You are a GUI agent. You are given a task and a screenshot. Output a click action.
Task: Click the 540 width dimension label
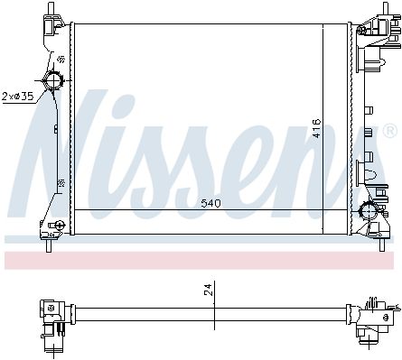210,204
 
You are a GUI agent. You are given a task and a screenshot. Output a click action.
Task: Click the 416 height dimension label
316,128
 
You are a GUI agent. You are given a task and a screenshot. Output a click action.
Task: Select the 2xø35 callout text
17,97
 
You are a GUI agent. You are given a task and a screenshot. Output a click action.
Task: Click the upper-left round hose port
53,80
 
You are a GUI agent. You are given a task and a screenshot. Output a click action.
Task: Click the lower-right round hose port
369,211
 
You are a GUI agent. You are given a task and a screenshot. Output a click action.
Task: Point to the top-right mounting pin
386,8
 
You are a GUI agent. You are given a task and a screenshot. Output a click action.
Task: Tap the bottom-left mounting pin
49,245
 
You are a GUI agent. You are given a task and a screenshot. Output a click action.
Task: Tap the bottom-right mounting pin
382,245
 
